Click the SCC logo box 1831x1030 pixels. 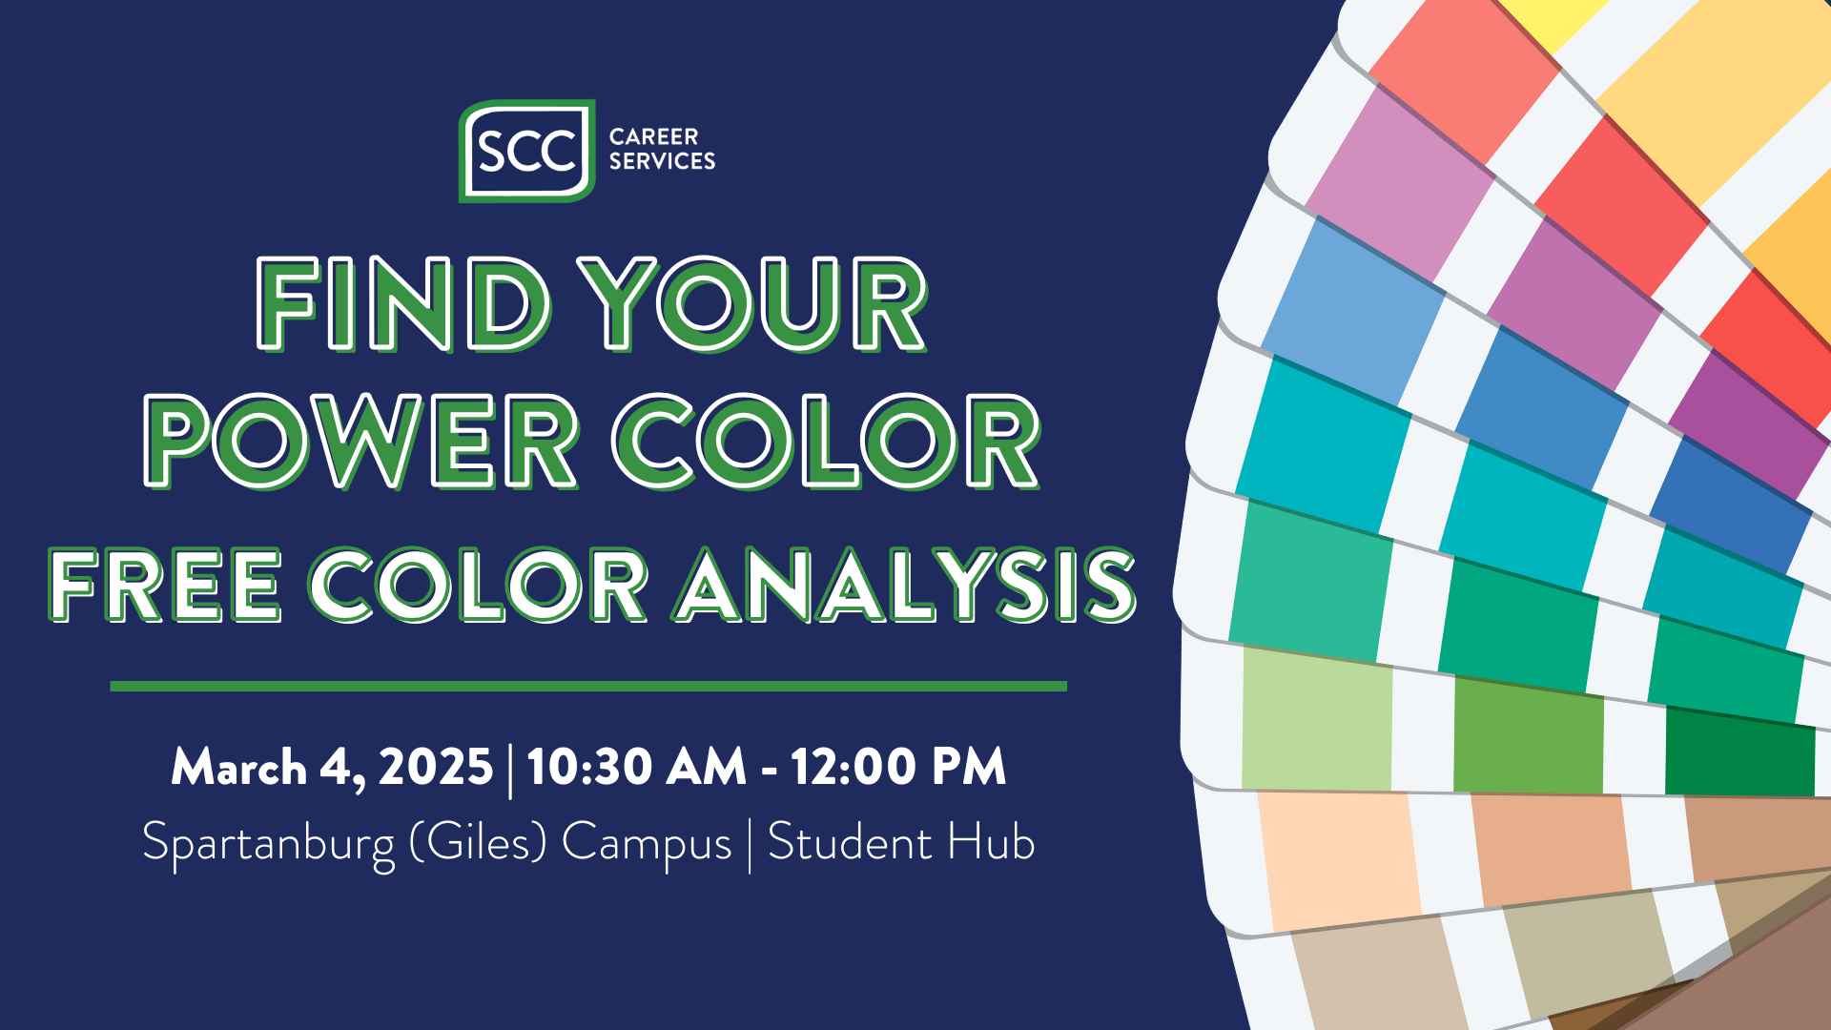(x=526, y=151)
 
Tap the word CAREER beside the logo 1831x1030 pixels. (x=653, y=136)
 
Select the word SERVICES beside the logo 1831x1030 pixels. (x=662, y=161)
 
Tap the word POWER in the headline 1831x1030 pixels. (x=361, y=442)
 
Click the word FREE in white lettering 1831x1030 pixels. (x=165, y=586)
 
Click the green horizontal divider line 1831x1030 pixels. (x=587, y=686)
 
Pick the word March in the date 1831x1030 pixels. (x=238, y=767)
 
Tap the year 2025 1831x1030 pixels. (x=435, y=767)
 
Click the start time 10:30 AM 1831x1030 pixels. (x=636, y=767)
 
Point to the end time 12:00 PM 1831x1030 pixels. (x=897, y=767)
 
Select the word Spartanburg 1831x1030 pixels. (x=268, y=843)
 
